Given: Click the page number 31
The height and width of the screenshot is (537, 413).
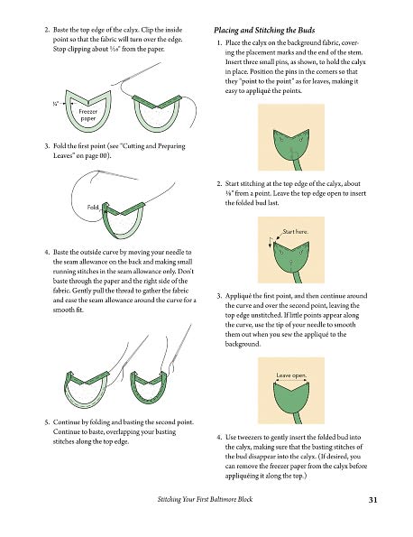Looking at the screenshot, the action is click(x=372, y=500).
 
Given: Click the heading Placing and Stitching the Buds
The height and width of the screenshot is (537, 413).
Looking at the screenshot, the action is click(x=264, y=30).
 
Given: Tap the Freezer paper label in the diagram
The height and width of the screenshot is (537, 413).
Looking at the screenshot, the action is click(x=88, y=116).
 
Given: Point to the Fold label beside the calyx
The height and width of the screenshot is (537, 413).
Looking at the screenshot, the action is click(x=93, y=208).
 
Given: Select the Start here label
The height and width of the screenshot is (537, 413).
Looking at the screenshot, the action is click(x=295, y=232).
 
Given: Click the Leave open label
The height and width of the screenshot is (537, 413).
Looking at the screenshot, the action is click(x=291, y=375).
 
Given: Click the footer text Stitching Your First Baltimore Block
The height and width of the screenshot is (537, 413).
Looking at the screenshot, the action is click(x=205, y=499).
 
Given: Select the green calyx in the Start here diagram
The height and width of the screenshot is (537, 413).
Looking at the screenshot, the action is click(x=291, y=258).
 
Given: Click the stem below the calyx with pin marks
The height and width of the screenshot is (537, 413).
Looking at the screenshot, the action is click(x=297, y=164).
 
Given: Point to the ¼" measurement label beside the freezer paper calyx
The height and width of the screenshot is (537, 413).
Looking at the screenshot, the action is click(x=56, y=103).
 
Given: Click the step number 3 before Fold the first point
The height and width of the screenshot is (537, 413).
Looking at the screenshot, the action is click(x=47, y=146).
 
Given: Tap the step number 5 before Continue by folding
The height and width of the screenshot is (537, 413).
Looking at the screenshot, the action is click(x=47, y=422).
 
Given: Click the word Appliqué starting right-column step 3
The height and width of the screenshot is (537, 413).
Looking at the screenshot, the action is click(x=237, y=296).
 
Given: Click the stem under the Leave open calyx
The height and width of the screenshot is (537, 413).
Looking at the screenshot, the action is click(x=297, y=419).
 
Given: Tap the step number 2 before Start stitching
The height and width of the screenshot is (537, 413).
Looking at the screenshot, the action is click(x=219, y=184).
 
